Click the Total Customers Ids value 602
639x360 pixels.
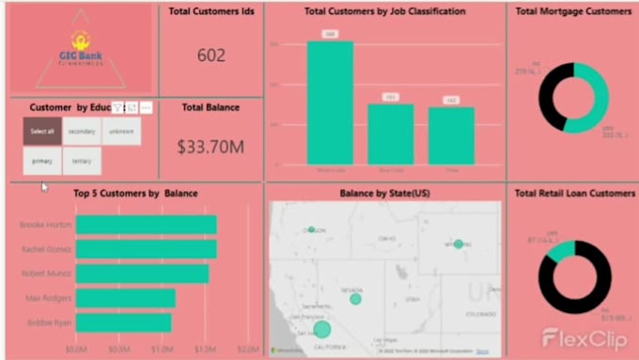(210, 55)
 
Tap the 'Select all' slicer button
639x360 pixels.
(42, 132)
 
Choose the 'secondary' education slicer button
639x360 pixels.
(82, 132)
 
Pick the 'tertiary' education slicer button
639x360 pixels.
(82, 161)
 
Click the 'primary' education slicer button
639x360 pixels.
(42, 161)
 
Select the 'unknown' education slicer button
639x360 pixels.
(121, 132)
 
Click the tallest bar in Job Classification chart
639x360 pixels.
(331, 103)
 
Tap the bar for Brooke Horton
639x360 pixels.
(146, 225)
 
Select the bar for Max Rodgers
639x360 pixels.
(125, 298)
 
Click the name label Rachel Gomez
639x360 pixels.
(45, 249)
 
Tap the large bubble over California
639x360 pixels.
(322, 329)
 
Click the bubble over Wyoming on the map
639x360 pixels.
(459, 243)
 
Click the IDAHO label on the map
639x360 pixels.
(386, 239)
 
